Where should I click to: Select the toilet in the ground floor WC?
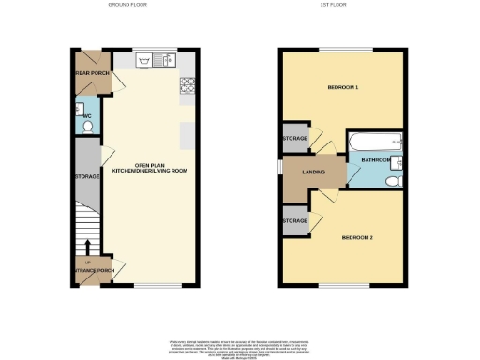(x=87, y=125)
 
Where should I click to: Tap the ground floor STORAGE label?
(x=87, y=175)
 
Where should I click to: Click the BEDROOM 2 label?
(x=358, y=237)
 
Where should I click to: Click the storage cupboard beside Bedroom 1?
(x=294, y=138)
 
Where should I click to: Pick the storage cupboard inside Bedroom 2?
(x=294, y=221)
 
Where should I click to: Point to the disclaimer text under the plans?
(x=240, y=346)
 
